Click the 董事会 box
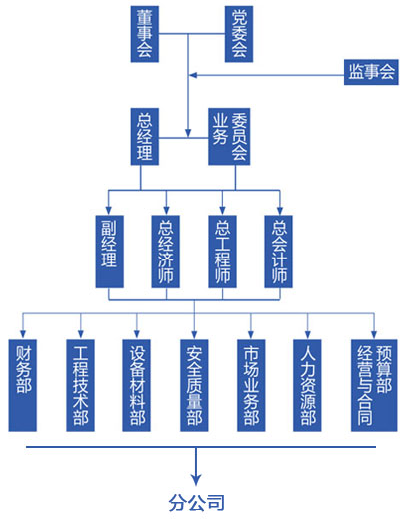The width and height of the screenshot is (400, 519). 145,34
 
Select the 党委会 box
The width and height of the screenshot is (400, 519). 239,34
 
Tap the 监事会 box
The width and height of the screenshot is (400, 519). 371,72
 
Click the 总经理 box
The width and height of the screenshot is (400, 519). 145,137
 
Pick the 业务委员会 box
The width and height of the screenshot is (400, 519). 229,137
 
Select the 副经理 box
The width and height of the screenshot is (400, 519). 110,252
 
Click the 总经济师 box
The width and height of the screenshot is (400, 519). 166,252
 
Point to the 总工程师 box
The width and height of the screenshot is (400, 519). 222,252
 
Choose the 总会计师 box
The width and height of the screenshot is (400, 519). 279,252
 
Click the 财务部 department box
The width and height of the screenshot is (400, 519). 23,385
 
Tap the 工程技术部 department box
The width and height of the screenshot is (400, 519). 80,385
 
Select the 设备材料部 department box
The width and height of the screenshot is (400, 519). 137,385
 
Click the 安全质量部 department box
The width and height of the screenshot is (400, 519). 194,385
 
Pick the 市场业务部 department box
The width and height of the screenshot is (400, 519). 251,385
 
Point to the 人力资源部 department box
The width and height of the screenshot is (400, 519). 307,385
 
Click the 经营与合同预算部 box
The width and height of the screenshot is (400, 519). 374,385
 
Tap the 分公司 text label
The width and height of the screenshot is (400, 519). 196,502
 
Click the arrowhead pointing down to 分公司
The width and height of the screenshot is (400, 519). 196,479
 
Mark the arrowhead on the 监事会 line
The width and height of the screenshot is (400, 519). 193,75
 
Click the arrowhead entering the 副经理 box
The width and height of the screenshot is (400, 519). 108,211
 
